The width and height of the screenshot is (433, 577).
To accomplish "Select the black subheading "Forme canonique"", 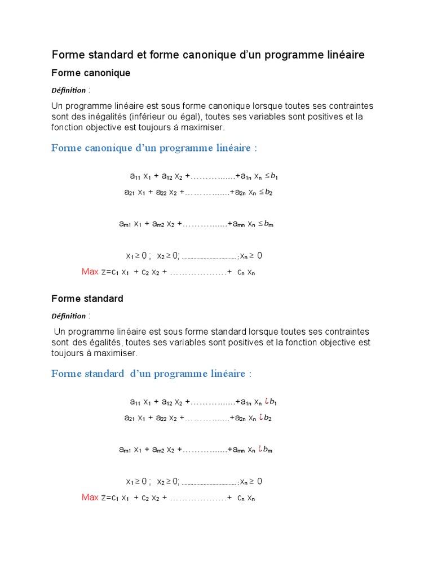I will point(91,73).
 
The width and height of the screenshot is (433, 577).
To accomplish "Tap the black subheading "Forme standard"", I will point(87,299).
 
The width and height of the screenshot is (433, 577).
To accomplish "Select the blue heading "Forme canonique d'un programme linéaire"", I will point(154,148).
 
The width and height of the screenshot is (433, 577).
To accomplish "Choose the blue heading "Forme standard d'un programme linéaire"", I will point(151,374).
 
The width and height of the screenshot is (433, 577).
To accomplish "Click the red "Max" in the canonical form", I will point(90,272).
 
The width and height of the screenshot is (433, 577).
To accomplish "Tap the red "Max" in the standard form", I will point(90,497).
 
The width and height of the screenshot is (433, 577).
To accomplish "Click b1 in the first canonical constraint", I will point(274,176).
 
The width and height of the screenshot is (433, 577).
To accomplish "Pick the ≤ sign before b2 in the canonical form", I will point(262,192).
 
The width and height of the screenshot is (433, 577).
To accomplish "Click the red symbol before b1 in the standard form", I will point(266,401).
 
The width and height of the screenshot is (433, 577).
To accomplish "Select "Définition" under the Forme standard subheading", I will point(69,316).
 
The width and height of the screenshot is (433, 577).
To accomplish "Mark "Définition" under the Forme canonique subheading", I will point(69,90).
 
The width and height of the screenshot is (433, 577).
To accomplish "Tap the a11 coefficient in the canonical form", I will point(135,176).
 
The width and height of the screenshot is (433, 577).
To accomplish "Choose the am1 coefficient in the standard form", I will point(125,450).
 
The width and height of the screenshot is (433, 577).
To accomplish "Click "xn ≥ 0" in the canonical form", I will point(251,256).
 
